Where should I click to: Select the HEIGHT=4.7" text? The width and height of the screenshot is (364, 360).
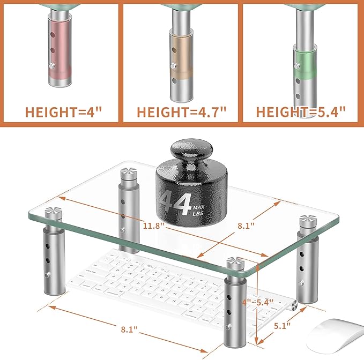pyautogui.click(x=182, y=112)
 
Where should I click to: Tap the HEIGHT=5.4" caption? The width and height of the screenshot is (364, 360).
pyautogui.click(x=301, y=112)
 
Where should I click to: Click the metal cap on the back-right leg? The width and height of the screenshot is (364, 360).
pyautogui.click(x=308, y=219)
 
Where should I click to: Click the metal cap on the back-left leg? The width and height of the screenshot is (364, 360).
pyautogui.click(x=128, y=173)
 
